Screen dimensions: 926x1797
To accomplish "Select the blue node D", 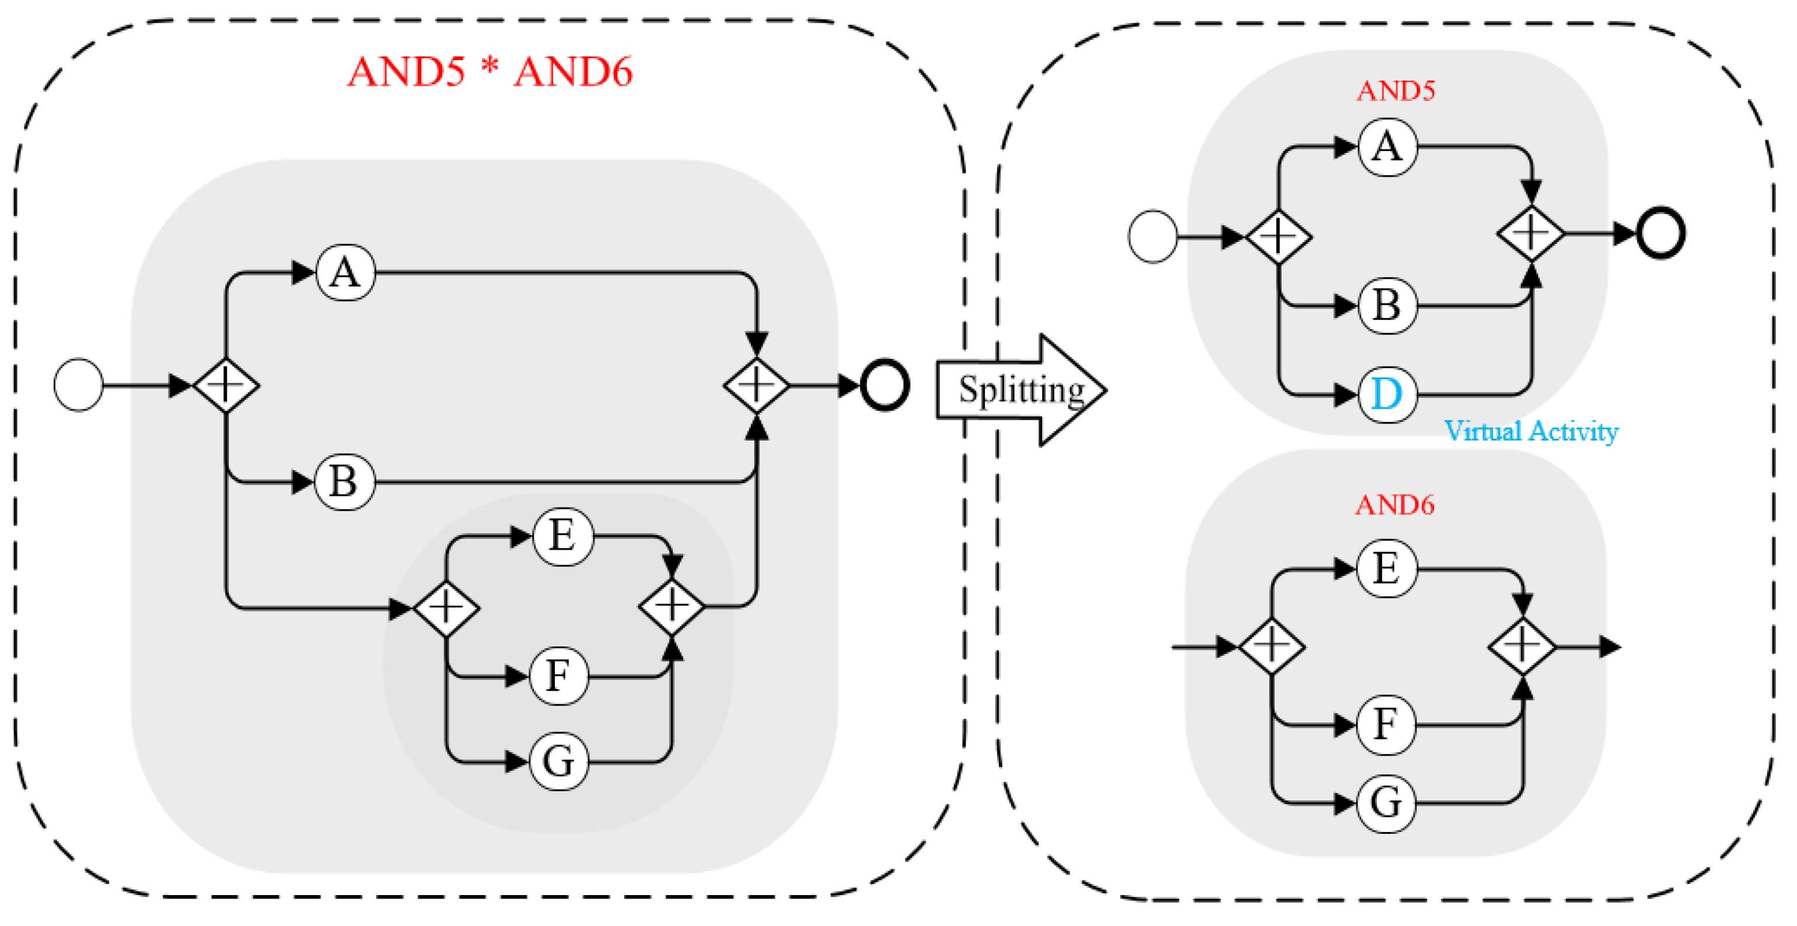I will (1387, 394).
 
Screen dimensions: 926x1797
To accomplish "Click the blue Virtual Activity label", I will (1530, 431).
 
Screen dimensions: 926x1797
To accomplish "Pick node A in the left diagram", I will (345, 272).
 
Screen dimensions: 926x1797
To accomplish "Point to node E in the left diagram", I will (563, 536).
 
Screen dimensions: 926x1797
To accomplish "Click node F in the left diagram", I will (558, 676).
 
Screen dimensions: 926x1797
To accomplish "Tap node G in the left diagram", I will (559, 761).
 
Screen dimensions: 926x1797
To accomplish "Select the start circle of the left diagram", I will (79, 385).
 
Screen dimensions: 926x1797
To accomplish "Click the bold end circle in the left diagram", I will (884, 385).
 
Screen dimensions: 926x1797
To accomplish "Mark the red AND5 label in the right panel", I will (1395, 90).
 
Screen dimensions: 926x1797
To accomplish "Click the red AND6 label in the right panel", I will (1394, 505).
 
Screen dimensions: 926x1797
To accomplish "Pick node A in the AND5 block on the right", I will (1387, 146).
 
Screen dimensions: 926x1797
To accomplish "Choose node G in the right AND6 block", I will (1386, 802).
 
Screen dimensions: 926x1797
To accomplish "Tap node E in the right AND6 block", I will (1387, 568).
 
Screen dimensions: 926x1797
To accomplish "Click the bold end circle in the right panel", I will (1661, 233).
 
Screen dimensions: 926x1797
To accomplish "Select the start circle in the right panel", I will (1152, 236).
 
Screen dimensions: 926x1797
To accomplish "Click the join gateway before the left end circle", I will (756, 385).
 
